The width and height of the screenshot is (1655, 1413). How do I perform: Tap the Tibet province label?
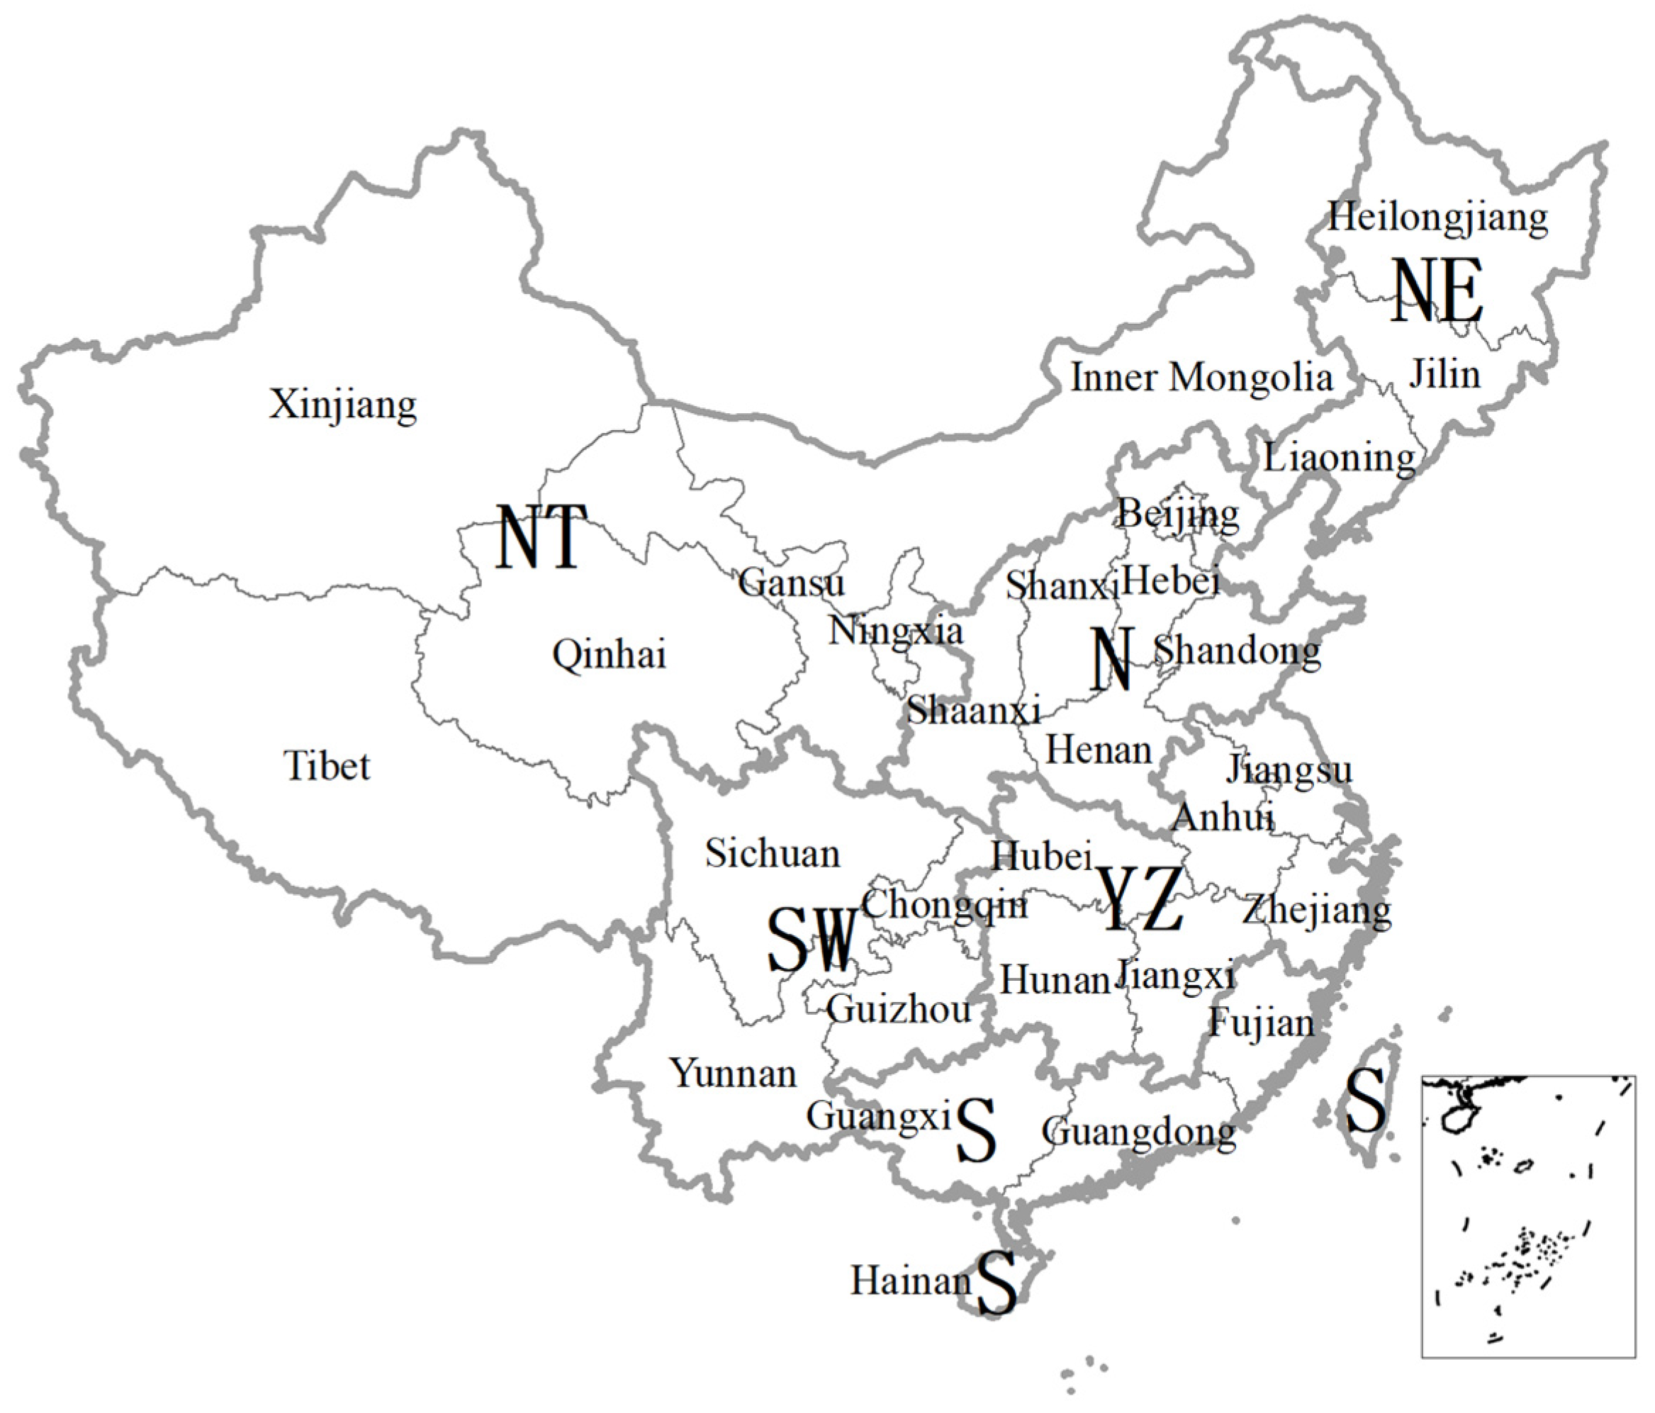coord(327,766)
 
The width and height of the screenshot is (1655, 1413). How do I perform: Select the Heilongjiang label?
coord(1437,218)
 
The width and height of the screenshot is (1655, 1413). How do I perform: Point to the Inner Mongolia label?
coord(1201,378)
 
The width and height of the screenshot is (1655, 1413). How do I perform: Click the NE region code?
coord(1437,291)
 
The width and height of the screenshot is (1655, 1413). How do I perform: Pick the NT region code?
coord(542,538)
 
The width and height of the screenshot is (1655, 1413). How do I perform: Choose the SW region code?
coord(812,941)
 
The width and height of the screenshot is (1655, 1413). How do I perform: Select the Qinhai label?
coord(609,655)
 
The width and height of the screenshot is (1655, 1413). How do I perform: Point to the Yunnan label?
coord(734,1074)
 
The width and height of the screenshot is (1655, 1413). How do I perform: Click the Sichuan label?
coord(773,854)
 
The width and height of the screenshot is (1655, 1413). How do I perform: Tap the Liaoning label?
coord(1339,458)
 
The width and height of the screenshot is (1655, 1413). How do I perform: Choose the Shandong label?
coord(1238,651)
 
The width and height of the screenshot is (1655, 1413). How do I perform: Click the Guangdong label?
coord(1139,1132)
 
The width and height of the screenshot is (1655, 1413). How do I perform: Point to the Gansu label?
coord(791,582)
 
